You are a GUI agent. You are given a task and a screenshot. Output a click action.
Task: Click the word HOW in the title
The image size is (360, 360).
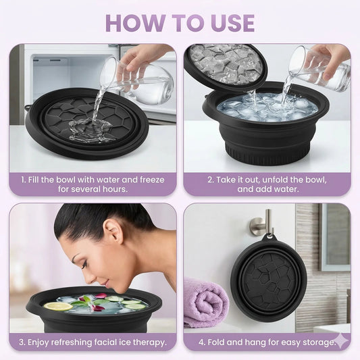tap(135, 23)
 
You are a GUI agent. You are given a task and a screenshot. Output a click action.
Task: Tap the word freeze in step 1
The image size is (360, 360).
tap(152, 180)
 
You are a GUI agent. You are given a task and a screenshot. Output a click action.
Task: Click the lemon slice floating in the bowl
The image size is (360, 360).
tap(58, 306)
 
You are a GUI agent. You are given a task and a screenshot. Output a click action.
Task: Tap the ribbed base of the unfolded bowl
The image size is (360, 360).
tap(267, 154)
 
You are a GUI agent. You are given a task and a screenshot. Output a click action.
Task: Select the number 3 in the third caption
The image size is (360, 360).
tap(22, 342)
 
